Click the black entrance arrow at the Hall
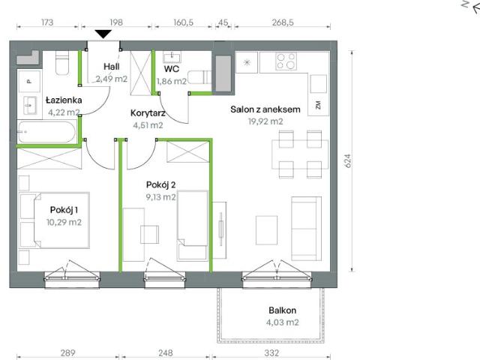tap(102, 33)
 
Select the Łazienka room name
tap(63, 100)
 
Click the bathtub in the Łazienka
tap(47, 133)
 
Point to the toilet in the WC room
tap(197, 76)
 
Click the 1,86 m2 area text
tap(171, 82)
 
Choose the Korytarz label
tap(147, 114)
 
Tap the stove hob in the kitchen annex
tap(285, 61)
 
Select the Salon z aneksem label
tap(265, 109)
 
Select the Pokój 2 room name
tap(160, 184)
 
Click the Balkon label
tap(283, 310)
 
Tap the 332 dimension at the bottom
tap(271, 351)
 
